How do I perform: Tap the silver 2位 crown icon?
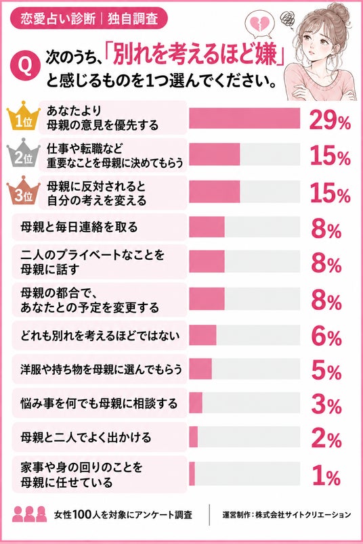pos(24,154)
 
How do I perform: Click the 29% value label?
pos(330,120)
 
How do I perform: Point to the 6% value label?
pos(326,337)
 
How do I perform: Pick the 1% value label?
pos(326,476)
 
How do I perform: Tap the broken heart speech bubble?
pos(259,25)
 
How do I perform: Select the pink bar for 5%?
pos(200,369)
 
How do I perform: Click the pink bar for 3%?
pos(196,403)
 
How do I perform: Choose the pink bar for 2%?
pos(194,437)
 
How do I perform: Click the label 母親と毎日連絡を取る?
pos(79,227)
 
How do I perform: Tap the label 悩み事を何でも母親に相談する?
pos(99,403)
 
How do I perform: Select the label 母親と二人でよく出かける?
pos(86,437)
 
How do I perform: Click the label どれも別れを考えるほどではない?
pos(100,336)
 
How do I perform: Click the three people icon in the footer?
pos(30,514)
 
